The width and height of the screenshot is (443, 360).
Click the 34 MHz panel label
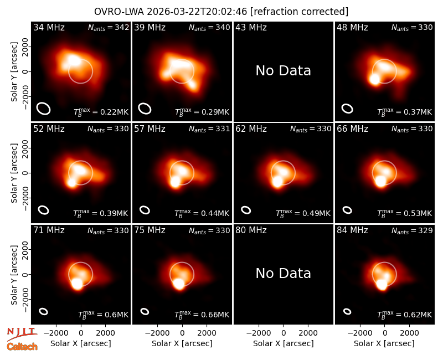click(49, 27)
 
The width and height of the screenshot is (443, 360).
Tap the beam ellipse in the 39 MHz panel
click(145, 109)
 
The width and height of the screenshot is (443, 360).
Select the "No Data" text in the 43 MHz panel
click(284, 71)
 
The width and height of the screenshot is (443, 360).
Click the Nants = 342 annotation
click(109, 27)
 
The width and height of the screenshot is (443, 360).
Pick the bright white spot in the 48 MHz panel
click(375, 79)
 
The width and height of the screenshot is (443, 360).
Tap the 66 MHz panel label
click(352, 129)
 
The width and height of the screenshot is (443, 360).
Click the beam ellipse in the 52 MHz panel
click(44, 210)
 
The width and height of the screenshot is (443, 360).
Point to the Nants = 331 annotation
click(209, 129)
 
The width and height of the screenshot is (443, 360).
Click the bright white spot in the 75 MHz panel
click(179, 284)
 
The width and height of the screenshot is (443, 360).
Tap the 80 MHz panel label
click(251, 230)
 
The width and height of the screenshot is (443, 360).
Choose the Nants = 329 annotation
click(412, 230)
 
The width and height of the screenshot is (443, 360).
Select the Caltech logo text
click(22, 347)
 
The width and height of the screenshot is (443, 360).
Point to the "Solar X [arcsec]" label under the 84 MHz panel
click(384, 343)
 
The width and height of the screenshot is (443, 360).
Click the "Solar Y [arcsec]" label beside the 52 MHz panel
click(14, 173)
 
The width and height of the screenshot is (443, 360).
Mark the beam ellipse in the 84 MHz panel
click(347, 311)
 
